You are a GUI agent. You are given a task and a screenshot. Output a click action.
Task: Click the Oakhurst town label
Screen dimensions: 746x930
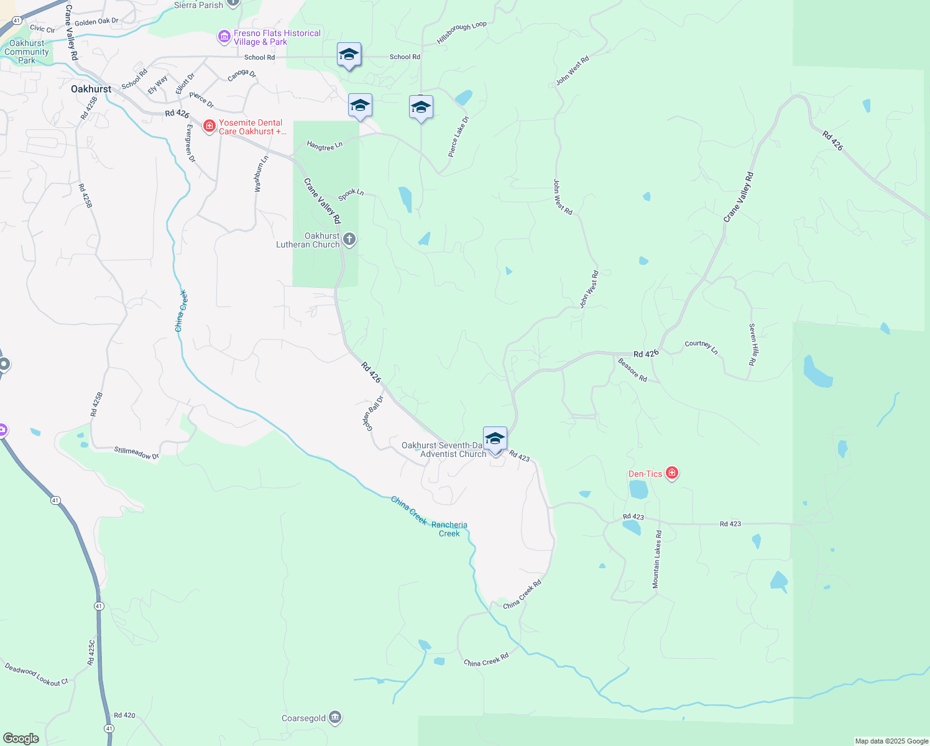(91, 89)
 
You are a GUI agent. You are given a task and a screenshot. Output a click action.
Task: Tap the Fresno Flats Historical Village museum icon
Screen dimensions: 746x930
(224, 37)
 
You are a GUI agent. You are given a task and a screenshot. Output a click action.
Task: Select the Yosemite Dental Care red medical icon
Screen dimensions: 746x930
(209, 127)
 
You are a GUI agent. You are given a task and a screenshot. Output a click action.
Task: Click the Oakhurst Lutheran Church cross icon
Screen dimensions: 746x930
(349, 239)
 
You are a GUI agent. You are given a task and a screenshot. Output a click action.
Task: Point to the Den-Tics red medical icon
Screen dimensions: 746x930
(671, 474)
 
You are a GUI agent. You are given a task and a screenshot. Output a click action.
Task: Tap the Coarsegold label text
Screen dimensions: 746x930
(303, 718)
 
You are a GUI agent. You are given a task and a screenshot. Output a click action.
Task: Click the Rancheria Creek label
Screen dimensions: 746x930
(449, 529)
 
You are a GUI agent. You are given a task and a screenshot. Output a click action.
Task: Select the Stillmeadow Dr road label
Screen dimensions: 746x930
(136, 453)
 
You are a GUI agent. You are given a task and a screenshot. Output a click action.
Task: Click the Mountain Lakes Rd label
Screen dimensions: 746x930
(656, 559)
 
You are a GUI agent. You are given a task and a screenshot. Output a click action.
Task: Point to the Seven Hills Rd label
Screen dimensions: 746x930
(752, 344)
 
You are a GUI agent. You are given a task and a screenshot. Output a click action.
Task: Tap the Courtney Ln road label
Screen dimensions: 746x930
(701, 347)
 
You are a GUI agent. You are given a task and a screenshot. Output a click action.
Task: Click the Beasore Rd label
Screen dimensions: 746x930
(632, 370)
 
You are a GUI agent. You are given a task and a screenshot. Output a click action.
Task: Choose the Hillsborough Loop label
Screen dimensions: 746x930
(461, 33)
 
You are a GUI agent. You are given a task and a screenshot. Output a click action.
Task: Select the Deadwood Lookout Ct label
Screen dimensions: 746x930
(37, 675)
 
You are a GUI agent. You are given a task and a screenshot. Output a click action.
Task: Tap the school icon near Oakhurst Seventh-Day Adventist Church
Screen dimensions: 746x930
(495, 438)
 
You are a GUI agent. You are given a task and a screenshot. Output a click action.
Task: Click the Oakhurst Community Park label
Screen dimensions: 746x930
(27, 52)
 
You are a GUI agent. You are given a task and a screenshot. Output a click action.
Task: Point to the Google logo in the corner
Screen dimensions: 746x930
(21, 738)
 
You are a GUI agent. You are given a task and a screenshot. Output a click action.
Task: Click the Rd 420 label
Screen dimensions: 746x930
(124, 715)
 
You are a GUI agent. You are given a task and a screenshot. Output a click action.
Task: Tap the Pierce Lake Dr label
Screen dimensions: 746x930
(459, 136)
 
